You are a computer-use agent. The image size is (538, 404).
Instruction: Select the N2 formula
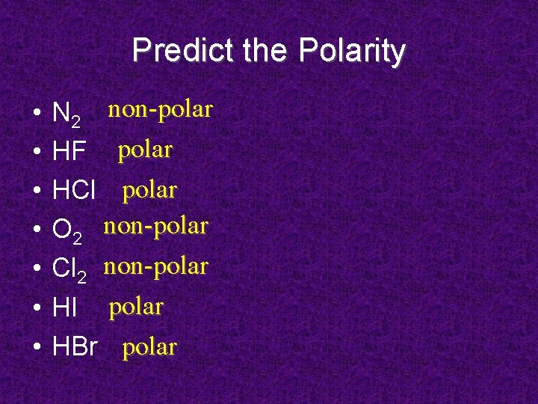pos(68,114)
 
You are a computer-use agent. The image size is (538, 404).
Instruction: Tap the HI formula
pos(67,308)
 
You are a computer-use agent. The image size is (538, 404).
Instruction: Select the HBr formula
pos(75,347)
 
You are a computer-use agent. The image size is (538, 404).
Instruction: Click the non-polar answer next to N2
pos(161,110)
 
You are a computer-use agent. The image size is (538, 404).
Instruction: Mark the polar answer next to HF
pos(145,150)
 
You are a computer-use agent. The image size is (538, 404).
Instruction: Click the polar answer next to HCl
pos(149,190)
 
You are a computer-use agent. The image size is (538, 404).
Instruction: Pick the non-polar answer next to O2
pos(155,225)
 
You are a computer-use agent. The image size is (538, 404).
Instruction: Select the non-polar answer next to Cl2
pos(155,266)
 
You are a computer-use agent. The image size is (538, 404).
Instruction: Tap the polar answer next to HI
pos(136,306)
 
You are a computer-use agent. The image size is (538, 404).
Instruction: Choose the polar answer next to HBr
pos(149,347)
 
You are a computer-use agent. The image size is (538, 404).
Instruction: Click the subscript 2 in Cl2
pos(81,278)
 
